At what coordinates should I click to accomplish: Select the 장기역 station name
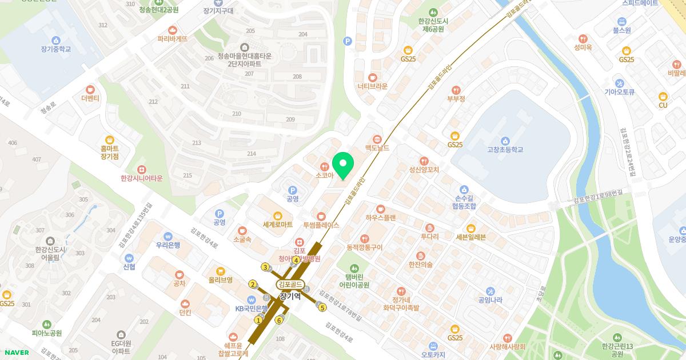click(290, 296)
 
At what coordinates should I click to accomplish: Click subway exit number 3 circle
click(265, 267)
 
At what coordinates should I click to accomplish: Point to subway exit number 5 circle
click(322, 308)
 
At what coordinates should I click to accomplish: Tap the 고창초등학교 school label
click(505, 150)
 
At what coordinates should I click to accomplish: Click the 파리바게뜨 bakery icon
click(173, 30)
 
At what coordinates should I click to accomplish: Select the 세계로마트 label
click(277, 225)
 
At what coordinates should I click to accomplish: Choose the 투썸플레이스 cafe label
click(321, 225)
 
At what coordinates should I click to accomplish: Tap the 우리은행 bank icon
click(168, 235)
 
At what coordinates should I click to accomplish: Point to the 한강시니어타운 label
click(142, 178)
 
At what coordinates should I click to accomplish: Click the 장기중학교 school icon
click(55, 40)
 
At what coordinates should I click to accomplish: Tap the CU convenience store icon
click(663, 97)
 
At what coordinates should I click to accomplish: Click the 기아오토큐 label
click(620, 91)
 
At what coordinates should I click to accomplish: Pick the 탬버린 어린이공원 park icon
click(354, 267)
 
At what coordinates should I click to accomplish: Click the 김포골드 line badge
click(290, 285)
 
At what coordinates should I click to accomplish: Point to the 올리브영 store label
click(221, 280)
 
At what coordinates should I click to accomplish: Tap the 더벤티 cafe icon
click(90, 89)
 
